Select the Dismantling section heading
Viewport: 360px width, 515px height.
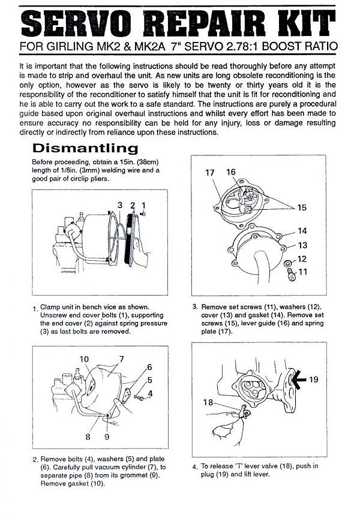click(x=85, y=148)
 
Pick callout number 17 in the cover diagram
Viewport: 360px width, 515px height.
click(x=209, y=173)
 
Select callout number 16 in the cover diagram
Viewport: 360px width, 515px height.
click(x=232, y=173)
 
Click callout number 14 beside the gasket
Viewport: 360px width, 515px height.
click(x=302, y=231)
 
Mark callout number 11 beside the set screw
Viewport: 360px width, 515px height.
click(x=302, y=272)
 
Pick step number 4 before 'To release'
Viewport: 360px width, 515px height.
click(x=195, y=467)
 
